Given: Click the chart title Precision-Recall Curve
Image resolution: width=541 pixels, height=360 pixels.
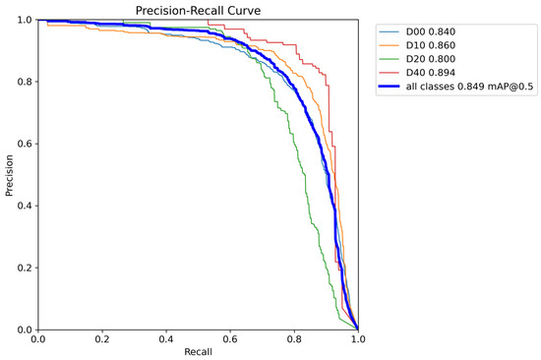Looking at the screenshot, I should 198,11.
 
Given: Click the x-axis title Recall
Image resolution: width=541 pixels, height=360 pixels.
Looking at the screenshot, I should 198,351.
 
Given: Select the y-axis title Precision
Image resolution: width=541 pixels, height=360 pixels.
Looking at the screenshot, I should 10,174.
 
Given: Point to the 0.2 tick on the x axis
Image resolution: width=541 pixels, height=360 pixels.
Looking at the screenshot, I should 101,337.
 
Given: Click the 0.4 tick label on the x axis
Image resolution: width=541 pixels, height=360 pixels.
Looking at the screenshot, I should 165,337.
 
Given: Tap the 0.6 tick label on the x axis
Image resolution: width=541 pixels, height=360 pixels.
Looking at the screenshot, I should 230,337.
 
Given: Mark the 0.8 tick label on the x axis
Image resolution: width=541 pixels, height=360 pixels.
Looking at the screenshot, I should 294,337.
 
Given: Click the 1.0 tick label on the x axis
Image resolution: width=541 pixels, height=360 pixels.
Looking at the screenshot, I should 357,337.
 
